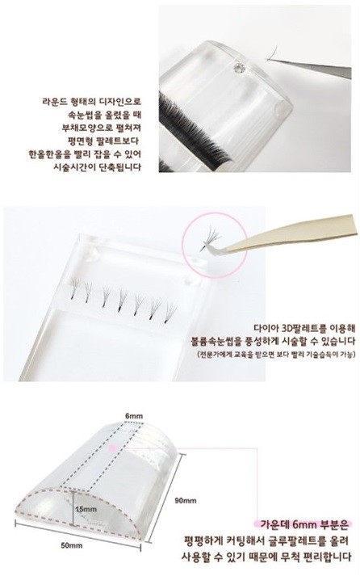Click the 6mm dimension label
[134, 416]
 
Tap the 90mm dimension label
[186, 500]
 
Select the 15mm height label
[86, 509]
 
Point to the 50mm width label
[72, 545]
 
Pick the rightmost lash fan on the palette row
[170, 313]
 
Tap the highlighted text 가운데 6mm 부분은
[303, 524]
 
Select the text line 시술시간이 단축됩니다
[97, 167]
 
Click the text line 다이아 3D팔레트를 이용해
[304, 328]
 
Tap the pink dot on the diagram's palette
[112, 448]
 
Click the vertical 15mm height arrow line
[73, 509]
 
